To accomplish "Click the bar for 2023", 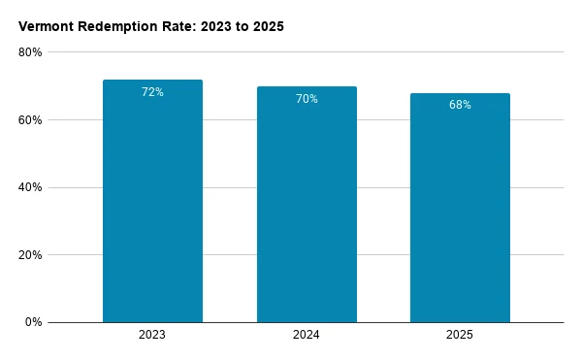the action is pyautogui.click(x=152, y=201).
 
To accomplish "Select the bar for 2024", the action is pyautogui.click(x=307, y=205).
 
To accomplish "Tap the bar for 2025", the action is pyautogui.click(x=460, y=208).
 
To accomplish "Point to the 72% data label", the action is pyautogui.click(x=152, y=92).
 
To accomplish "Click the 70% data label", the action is pyautogui.click(x=307, y=99).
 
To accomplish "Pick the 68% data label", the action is pyautogui.click(x=460, y=105).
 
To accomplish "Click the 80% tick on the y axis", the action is pyautogui.click(x=30, y=52).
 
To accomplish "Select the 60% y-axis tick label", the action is pyautogui.click(x=30, y=120).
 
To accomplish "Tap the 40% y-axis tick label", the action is pyautogui.click(x=30, y=187).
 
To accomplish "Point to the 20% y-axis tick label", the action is pyautogui.click(x=30, y=255).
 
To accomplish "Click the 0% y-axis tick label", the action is pyautogui.click(x=33, y=322).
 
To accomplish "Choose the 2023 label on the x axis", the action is pyautogui.click(x=152, y=335).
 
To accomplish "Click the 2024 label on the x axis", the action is pyautogui.click(x=306, y=335).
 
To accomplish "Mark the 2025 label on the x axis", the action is pyautogui.click(x=460, y=335).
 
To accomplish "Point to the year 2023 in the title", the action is pyautogui.click(x=216, y=27).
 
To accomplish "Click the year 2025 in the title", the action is pyautogui.click(x=269, y=27).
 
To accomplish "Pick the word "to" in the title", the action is pyautogui.click(x=242, y=27).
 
